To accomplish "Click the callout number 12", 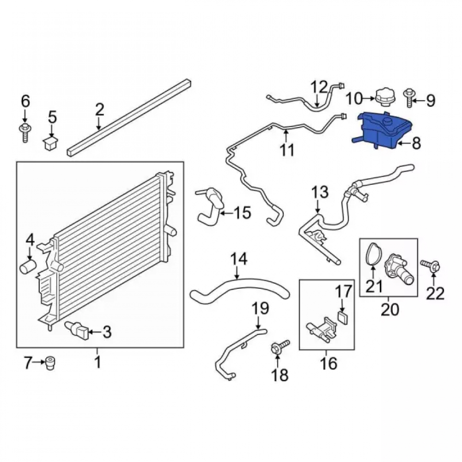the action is click(x=320, y=87).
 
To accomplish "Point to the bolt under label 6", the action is click(x=25, y=133).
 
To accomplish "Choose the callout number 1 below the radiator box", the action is click(x=97, y=362).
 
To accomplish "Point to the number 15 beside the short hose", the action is click(x=243, y=213).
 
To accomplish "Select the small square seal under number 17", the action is click(x=343, y=318).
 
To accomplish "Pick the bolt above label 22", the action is click(x=431, y=265).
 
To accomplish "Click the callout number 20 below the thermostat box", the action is click(x=390, y=310).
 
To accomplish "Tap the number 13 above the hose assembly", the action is click(x=320, y=192).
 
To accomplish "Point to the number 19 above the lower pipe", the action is click(x=261, y=308).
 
